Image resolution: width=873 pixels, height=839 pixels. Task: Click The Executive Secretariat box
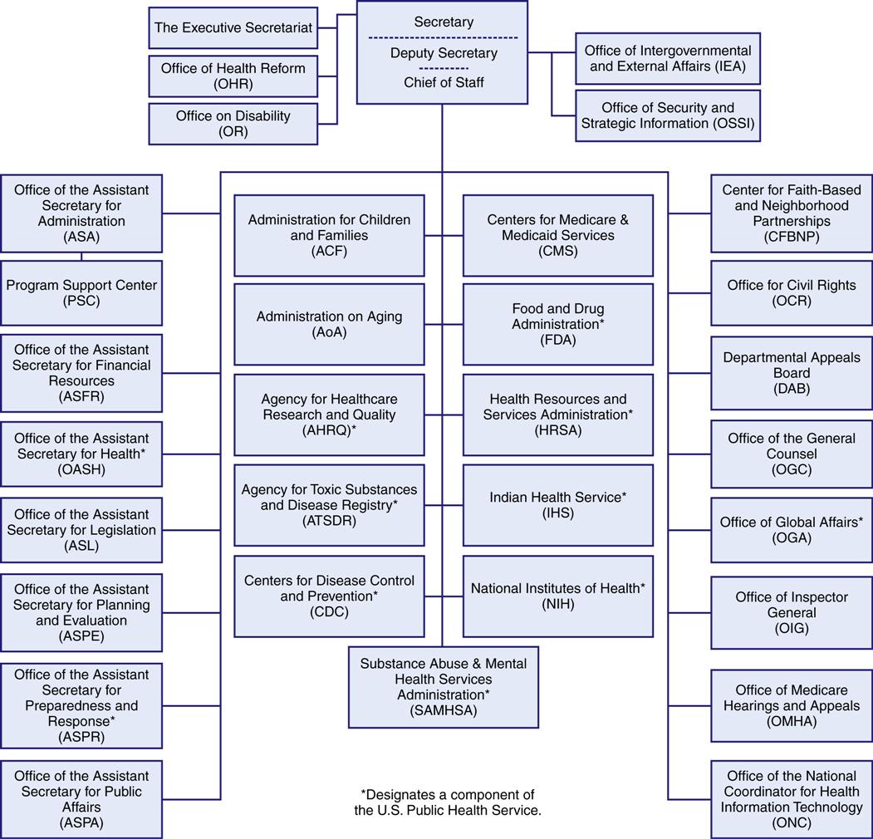(x=233, y=28)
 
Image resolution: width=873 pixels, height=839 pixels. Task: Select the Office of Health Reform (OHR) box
(x=233, y=76)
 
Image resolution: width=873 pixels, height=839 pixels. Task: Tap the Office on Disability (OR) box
(x=233, y=123)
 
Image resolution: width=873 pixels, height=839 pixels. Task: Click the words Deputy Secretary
(x=444, y=53)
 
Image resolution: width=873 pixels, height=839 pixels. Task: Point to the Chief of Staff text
(x=444, y=82)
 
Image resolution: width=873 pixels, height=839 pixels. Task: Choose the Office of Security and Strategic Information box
(x=668, y=115)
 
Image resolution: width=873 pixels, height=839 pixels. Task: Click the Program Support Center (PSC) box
(x=81, y=292)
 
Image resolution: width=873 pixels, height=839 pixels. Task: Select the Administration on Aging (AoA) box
(x=329, y=324)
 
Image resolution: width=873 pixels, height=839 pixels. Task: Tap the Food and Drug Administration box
(x=557, y=324)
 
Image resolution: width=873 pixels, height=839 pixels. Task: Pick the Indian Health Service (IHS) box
(x=557, y=504)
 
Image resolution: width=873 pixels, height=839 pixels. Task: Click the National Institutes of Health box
(x=557, y=596)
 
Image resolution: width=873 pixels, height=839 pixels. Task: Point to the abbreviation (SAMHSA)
(x=444, y=710)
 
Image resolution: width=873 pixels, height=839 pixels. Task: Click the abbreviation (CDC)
(x=329, y=612)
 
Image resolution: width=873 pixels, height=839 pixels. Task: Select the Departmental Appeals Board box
(x=792, y=373)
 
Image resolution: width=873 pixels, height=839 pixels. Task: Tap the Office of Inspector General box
(x=792, y=612)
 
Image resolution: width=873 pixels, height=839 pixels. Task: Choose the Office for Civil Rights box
(x=792, y=292)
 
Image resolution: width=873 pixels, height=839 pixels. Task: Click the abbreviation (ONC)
(x=792, y=823)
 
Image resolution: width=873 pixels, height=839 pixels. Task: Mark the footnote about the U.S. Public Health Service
(x=448, y=802)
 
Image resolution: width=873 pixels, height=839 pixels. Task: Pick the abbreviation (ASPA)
(x=81, y=823)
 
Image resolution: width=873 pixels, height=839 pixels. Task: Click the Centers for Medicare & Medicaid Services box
(x=557, y=235)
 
